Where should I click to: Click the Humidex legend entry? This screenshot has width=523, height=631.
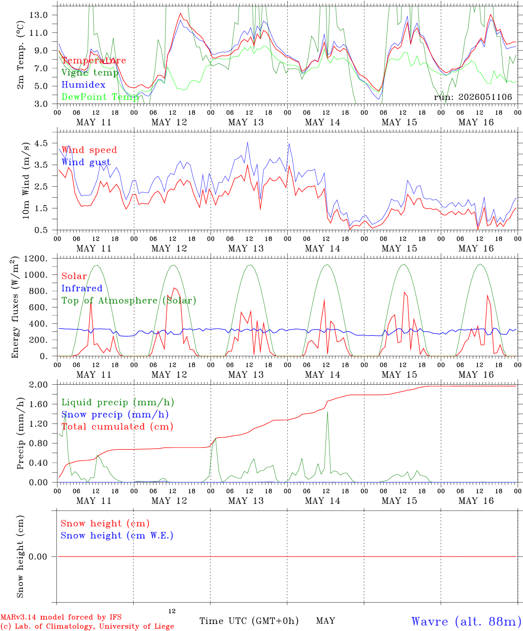click(83, 85)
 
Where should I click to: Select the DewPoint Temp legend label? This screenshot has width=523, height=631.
click(100, 97)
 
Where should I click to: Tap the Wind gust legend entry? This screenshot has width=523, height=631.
click(86, 162)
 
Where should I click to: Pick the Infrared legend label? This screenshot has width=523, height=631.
click(82, 288)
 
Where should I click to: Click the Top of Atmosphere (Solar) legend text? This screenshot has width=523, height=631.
click(129, 301)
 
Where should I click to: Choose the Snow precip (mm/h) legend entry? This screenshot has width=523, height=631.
click(115, 415)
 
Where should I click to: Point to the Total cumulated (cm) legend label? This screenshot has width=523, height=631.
click(117, 426)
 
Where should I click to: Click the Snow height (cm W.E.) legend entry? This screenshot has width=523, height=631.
click(117, 535)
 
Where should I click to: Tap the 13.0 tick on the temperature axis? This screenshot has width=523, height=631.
click(39, 15)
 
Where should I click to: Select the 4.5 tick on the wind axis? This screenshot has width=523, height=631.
click(41, 143)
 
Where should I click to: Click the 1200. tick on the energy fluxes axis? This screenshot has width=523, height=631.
click(36, 259)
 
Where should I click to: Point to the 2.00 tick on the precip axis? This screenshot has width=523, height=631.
click(39, 385)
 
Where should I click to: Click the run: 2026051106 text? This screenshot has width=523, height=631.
click(473, 97)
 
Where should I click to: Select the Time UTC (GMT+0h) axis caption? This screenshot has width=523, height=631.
click(249, 621)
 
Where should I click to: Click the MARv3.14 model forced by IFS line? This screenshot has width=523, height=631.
click(61, 617)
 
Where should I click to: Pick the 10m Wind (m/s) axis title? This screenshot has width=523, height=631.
click(26, 181)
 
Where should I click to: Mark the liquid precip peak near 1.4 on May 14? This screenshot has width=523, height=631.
click(327, 412)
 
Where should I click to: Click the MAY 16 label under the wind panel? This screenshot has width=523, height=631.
click(476, 248)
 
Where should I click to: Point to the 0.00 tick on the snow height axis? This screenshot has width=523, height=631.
click(38, 557)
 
